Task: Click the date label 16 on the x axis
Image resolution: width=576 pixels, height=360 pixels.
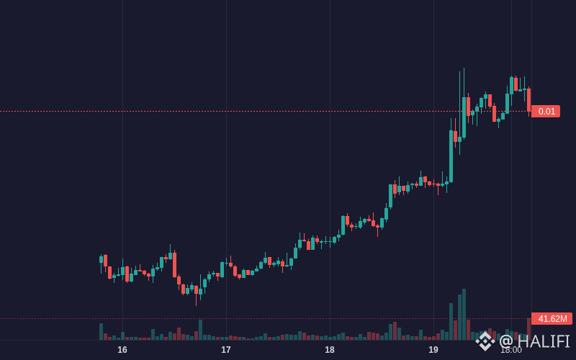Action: click(122, 350)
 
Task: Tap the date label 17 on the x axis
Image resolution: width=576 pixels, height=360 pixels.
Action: click(226, 350)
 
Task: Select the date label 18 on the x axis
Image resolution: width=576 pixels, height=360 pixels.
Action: click(330, 350)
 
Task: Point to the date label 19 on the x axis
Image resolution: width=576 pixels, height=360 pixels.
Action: click(433, 350)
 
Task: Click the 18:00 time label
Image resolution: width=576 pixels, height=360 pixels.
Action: click(511, 350)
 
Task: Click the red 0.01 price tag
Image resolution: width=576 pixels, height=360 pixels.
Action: click(546, 112)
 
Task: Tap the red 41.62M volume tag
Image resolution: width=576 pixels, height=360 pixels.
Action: click(552, 319)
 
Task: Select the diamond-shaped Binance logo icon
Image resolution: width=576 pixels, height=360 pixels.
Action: click(485, 341)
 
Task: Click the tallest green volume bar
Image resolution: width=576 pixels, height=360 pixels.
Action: click(464, 315)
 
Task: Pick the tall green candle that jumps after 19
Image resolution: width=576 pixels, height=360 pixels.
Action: click(451, 156)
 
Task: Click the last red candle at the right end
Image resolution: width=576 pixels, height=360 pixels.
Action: click(529, 100)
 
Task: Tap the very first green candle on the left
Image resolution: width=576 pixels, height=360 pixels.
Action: click(101, 259)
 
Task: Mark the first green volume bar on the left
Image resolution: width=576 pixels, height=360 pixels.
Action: click(101, 332)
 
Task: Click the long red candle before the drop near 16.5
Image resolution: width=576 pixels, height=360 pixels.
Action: click(174, 265)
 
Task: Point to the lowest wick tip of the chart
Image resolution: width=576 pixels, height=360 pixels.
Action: click(196, 305)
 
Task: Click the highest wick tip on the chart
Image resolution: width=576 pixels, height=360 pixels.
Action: click(464, 68)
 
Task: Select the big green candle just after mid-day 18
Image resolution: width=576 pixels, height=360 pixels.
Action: click(391, 196)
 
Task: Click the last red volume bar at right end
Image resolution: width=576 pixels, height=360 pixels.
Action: click(529, 330)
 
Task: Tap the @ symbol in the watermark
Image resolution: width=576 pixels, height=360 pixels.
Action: click(507, 341)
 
